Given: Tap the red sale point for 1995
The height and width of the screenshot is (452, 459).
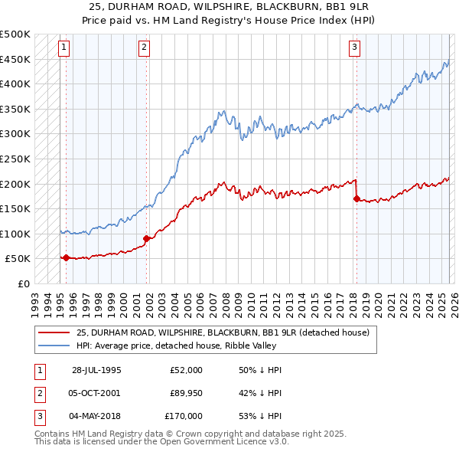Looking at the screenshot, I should [x=66, y=257].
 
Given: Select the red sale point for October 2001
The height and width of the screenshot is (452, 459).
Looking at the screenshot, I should [x=146, y=239].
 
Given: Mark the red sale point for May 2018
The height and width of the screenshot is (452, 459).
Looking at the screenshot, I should [x=356, y=198].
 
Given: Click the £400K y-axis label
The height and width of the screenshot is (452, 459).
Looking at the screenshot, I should [x=15, y=84].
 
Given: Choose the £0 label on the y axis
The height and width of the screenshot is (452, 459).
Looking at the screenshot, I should [x=22, y=283].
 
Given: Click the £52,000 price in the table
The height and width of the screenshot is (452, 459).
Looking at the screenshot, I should [x=186, y=370].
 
